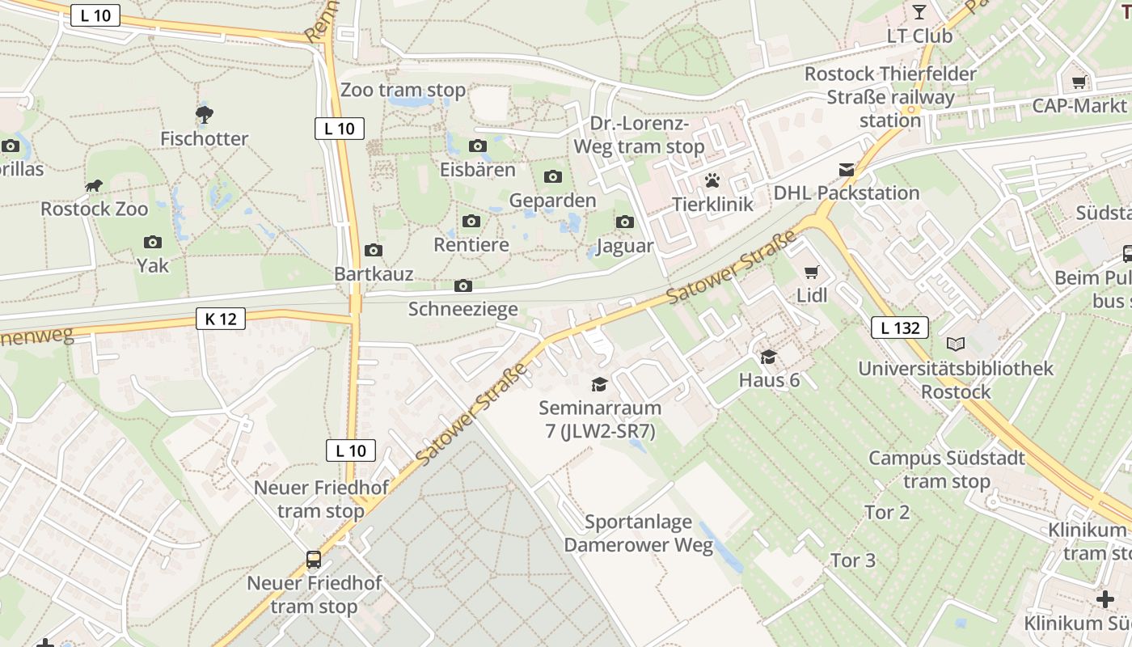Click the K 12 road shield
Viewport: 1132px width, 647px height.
[x=221, y=319]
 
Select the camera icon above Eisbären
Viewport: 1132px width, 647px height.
[x=478, y=146]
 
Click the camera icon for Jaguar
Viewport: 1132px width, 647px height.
[x=625, y=222]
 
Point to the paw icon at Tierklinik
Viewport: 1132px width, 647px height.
[x=712, y=180]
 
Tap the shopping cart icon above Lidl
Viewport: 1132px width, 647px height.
[x=812, y=273]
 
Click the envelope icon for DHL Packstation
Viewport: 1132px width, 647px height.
[x=847, y=170]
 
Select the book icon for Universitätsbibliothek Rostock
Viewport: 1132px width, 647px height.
[x=956, y=345]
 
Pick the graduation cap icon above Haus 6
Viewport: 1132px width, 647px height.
[x=769, y=357]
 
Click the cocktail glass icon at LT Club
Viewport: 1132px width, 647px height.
[x=919, y=12]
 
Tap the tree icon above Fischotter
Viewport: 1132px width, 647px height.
[x=205, y=115]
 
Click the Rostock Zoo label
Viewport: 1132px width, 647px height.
[x=95, y=209]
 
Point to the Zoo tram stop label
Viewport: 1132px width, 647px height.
[x=403, y=90]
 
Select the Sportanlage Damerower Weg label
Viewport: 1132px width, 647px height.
[x=639, y=533]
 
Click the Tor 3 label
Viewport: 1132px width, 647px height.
[x=853, y=560]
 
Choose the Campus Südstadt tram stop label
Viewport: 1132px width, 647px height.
[x=947, y=469]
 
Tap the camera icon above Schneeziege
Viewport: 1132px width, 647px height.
[x=463, y=285]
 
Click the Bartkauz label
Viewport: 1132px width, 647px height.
[x=374, y=274]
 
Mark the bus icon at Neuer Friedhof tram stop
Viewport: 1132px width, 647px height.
[x=314, y=559]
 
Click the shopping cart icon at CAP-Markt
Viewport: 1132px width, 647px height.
[x=1079, y=82]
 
